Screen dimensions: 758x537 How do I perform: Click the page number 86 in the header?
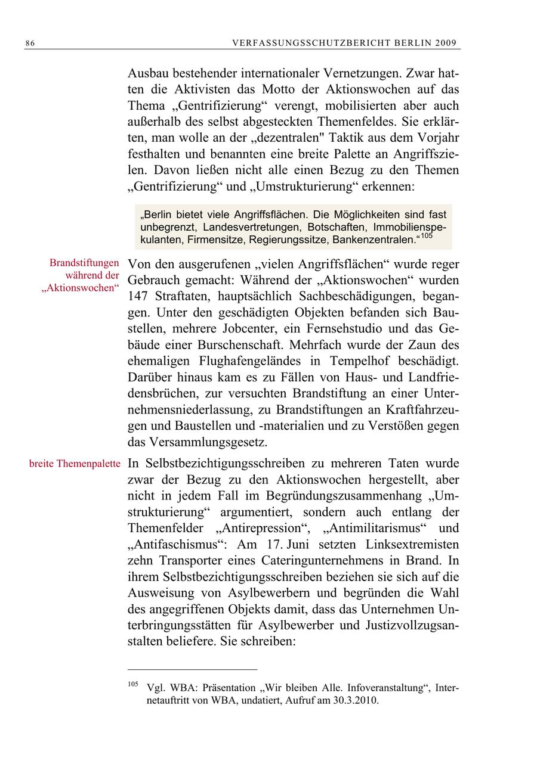[30, 44]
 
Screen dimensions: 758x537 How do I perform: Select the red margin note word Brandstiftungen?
[85, 263]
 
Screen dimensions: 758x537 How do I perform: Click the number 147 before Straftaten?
[138, 296]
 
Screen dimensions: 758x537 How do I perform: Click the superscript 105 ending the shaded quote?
[426, 237]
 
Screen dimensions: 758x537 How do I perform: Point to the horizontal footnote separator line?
[192, 669]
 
